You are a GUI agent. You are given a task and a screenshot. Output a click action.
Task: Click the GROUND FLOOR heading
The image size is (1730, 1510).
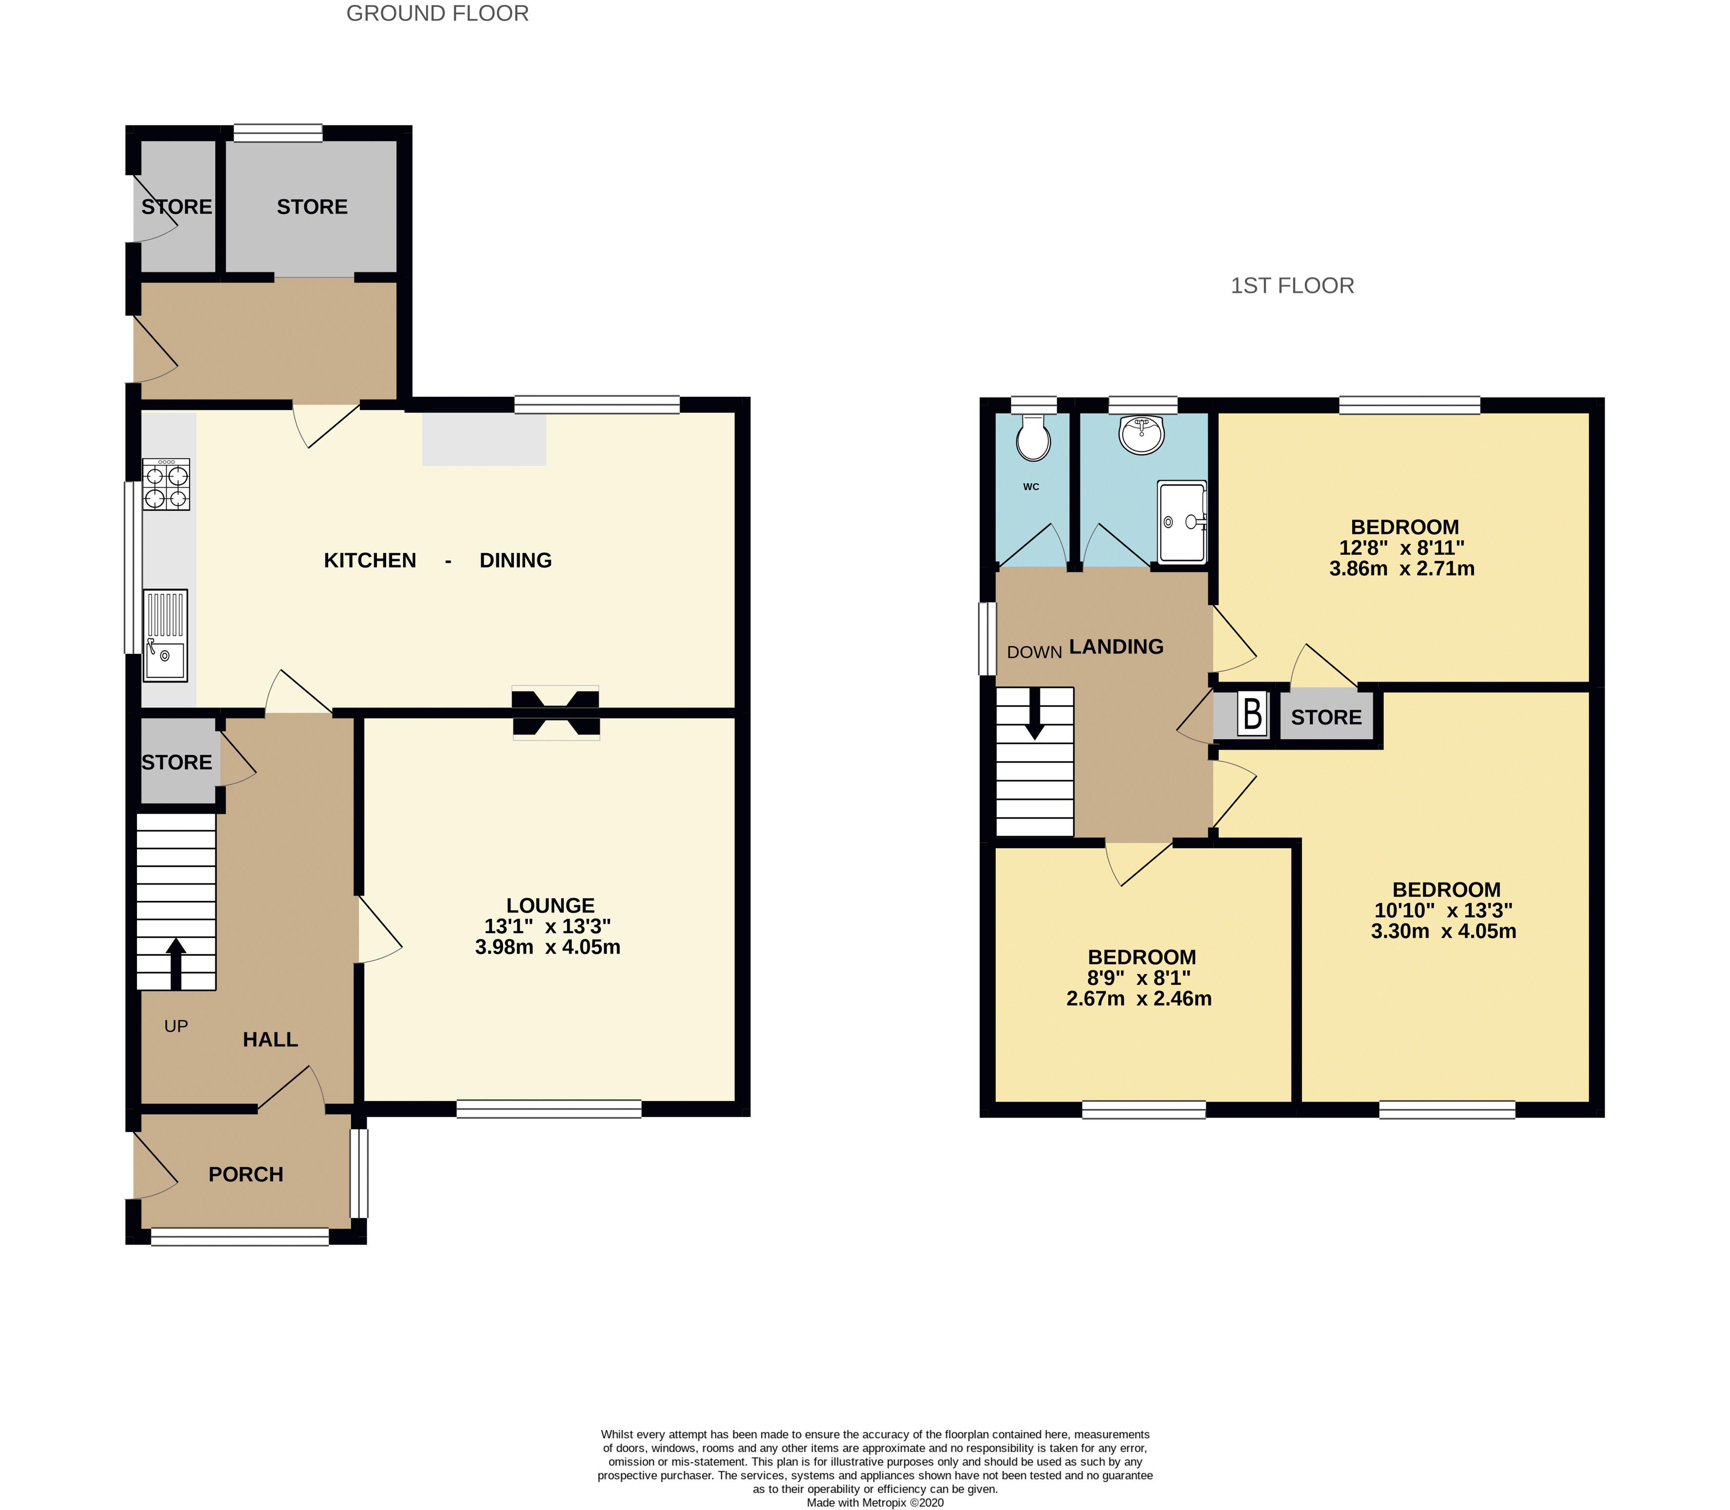(x=437, y=14)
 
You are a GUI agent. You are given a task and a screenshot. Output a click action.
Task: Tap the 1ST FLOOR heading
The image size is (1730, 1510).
(x=1292, y=286)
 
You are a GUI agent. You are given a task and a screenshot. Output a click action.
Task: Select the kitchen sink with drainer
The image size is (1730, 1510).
(x=165, y=635)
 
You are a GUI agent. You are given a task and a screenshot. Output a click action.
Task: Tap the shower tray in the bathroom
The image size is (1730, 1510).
(x=1182, y=522)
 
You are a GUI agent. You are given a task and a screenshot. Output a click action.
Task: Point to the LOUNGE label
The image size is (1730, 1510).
(x=550, y=905)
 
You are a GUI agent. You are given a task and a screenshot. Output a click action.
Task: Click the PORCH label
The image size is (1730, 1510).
(x=246, y=1174)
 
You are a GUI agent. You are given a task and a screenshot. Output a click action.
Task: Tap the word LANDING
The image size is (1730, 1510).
(x=1117, y=647)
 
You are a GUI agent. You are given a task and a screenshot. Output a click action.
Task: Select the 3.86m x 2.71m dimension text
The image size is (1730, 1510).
(x=1402, y=569)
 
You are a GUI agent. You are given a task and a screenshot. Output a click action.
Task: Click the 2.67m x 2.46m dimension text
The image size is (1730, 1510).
(x=1140, y=999)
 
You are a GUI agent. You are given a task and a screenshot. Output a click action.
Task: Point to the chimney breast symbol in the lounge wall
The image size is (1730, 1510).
(x=556, y=713)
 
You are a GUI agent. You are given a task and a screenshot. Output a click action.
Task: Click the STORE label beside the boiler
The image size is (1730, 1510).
(x=1326, y=717)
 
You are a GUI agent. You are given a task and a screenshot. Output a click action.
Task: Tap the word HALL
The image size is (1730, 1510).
(x=271, y=1039)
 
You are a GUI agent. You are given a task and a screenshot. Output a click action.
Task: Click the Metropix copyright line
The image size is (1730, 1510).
(x=875, y=1502)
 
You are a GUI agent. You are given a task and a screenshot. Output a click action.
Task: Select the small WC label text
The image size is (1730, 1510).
(x=1031, y=486)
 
